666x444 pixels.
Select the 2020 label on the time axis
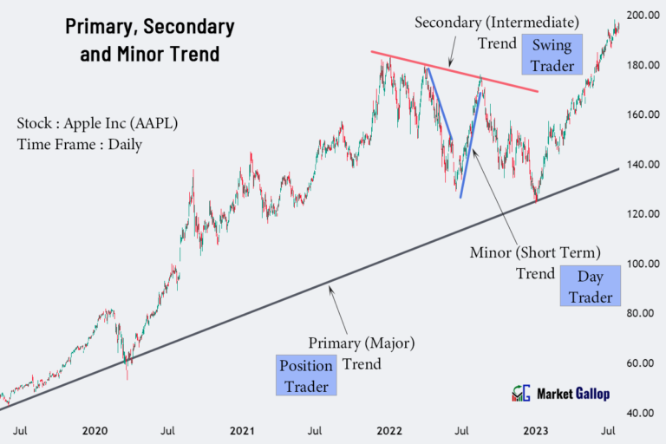click(95, 430)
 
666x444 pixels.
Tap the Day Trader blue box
click(590, 286)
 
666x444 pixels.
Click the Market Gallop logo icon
click(520, 394)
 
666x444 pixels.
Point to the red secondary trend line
click(451, 69)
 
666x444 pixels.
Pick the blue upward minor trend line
click(470, 139)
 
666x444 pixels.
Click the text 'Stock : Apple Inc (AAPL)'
click(97, 123)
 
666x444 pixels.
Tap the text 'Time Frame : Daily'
click(79, 144)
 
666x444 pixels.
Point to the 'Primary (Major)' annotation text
click(362, 343)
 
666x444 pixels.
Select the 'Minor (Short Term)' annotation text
click(535, 253)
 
